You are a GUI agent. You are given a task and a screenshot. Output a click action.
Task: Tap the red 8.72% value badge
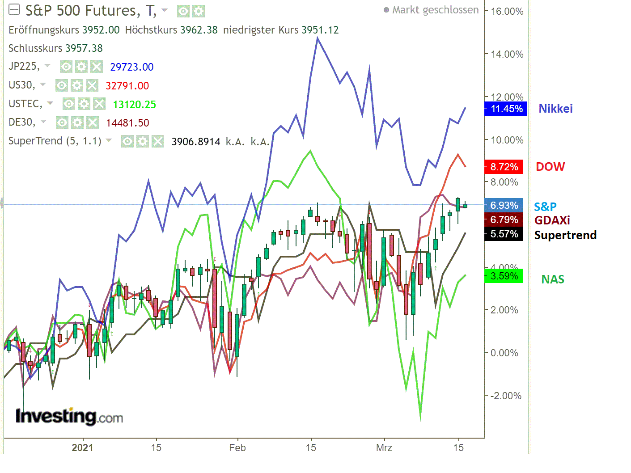click(x=504, y=167)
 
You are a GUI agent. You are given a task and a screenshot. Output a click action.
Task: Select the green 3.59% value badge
click(x=504, y=276)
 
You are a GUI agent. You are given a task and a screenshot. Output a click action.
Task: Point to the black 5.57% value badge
click(x=504, y=234)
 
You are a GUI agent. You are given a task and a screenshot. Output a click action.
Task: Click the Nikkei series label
click(x=555, y=109)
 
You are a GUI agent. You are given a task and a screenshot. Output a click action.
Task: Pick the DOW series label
click(x=550, y=167)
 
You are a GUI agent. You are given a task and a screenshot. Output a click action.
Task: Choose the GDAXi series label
click(x=552, y=220)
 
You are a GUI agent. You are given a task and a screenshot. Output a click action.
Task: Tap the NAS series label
click(x=553, y=279)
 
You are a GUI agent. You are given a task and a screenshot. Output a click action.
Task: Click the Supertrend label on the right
click(x=565, y=235)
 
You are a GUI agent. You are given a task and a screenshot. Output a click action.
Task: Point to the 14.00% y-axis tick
click(x=507, y=54)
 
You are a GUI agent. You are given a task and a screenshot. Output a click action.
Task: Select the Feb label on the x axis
click(x=237, y=448)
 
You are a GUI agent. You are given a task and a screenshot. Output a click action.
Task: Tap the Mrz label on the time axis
click(x=384, y=448)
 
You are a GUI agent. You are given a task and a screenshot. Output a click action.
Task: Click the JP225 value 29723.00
click(x=131, y=67)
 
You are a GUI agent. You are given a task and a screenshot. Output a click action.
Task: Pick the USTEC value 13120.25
click(x=134, y=105)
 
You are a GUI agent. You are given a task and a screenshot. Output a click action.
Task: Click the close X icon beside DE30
click(x=92, y=122)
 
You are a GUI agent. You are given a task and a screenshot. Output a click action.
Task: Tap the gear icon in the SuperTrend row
click(x=142, y=142)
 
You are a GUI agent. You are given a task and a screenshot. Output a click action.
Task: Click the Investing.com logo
click(x=69, y=416)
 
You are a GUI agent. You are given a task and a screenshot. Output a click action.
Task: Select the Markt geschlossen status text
click(x=435, y=10)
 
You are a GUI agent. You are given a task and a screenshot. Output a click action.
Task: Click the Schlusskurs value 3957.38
click(x=84, y=48)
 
